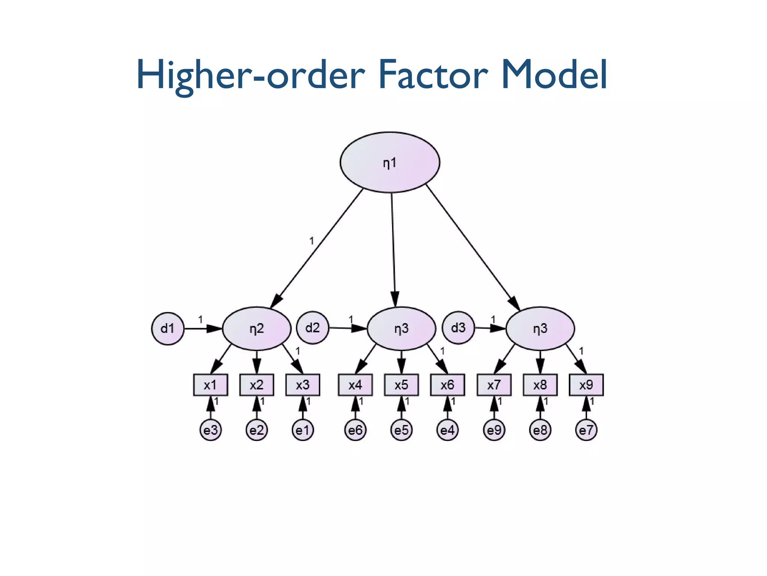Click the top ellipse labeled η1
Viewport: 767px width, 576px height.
389,162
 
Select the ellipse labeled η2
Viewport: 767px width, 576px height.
257,328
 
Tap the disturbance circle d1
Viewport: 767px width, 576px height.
167,328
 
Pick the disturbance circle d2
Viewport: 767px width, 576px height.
312,328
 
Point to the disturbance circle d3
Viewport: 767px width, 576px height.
458,328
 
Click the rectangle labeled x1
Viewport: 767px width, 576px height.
210,385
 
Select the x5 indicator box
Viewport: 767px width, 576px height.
401,385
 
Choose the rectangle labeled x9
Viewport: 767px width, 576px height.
586,385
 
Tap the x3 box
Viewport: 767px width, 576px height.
303,385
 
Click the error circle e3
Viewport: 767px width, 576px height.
210,430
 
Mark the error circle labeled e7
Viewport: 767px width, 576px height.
586,430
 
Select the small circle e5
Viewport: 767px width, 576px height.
401,430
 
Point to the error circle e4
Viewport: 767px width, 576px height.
447,430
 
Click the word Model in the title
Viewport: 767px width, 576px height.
554,75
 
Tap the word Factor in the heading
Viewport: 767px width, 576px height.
433,75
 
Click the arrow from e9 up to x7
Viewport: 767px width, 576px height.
494,408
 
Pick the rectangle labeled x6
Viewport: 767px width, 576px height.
447,385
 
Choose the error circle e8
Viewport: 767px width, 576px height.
540,430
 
